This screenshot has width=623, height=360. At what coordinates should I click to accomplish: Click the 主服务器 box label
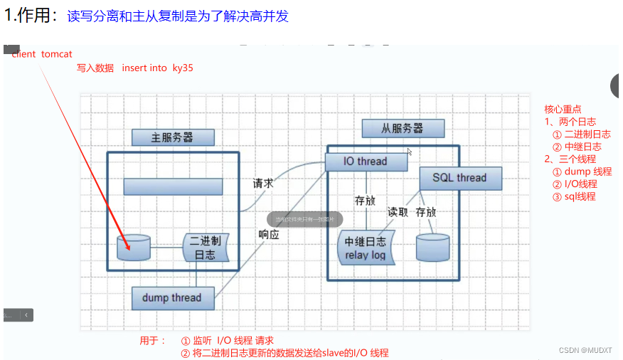pyautogui.click(x=173, y=137)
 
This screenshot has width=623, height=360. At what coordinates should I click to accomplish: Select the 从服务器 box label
pyautogui.click(x=403, y=129)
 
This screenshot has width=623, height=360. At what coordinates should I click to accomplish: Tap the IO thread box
pyautogui.click(x=366, y=162)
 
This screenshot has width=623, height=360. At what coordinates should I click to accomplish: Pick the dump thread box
pyautogui.click(x=172, y=297)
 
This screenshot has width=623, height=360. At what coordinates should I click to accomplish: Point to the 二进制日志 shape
pyautogui.click(x=206, y=248)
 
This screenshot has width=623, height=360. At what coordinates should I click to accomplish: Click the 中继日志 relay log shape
pyautogui.click(x=366, y=248)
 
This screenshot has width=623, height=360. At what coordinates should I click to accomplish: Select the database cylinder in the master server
pyautogui.click(x=134, y=247)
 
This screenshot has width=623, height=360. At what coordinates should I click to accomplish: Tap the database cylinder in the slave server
pyautogui.click(x=432, y=247)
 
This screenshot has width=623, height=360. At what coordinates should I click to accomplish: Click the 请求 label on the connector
pyautogui.click(x=263, y=183)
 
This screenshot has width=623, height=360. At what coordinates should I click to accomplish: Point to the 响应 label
pyautogui.click(x=268, y=234)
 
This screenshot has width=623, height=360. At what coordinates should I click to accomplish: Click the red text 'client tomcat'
pyautogui.click(x=42, y=54)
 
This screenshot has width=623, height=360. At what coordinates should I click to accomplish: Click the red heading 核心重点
pyautogui.click(x=563, y=109)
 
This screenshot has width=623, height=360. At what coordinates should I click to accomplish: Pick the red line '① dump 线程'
pyautogui.click(x=582, y=171)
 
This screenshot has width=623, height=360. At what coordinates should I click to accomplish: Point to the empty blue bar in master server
pyautogui.click(x=173, y=186)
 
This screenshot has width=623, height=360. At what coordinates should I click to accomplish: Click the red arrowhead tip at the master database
pyautogui.click(x=129, y=248)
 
